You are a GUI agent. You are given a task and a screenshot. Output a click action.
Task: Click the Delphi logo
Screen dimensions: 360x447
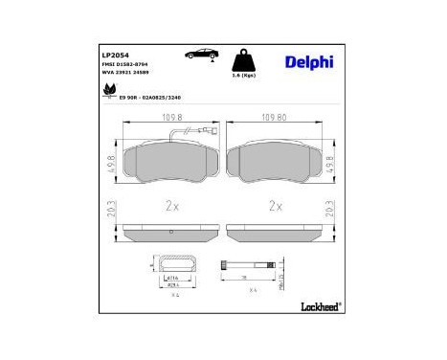(308, 62)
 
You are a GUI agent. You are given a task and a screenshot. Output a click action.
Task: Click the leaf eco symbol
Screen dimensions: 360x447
(107, 92)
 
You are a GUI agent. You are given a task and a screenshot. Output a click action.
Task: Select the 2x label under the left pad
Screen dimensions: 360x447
(171, 205)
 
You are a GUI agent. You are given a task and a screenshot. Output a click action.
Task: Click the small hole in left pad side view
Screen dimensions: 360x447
(171, 231)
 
